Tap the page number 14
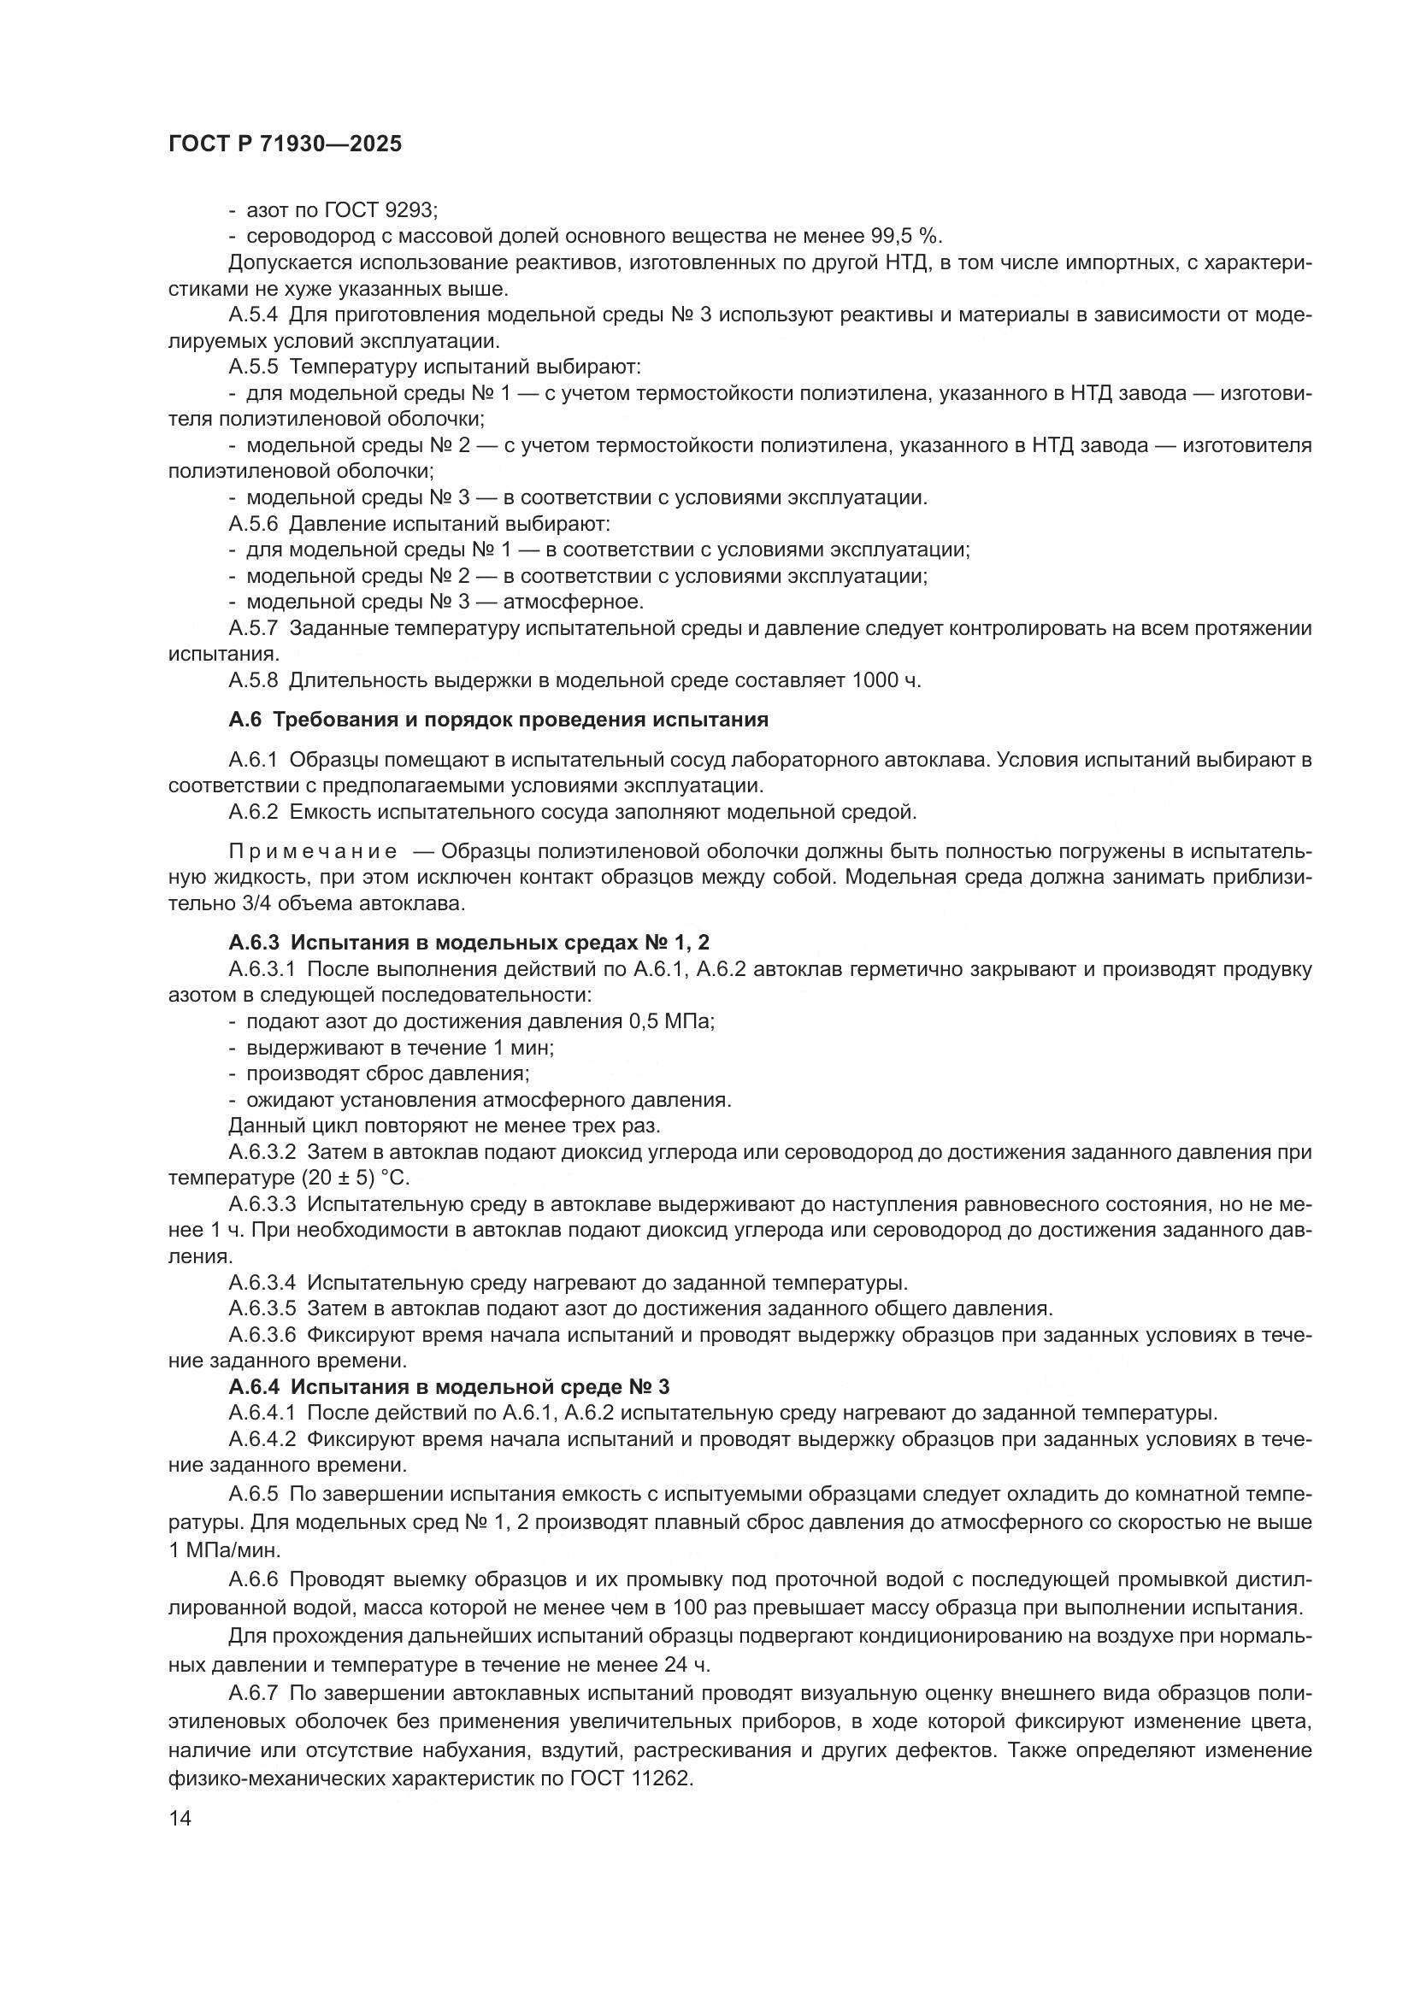point(180,1818)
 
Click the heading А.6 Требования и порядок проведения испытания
point(498,720)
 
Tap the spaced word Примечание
point(313,850)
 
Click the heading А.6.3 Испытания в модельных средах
point(469,942)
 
